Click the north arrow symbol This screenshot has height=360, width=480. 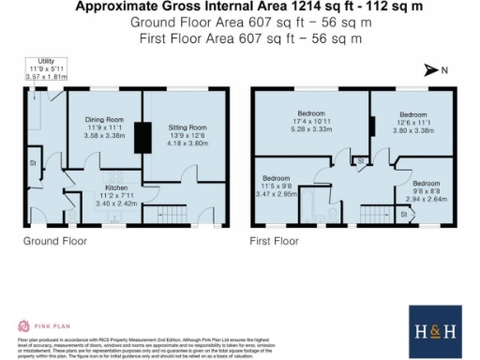pyautogui.click(x=431, y=69)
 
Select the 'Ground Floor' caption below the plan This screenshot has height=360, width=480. pyautogui.click(x=55, y=241)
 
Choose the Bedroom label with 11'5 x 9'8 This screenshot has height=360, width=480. pyautogui.click(x=276, y=178)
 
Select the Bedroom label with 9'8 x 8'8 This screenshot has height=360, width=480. pyautogui.click(x=427, y=183)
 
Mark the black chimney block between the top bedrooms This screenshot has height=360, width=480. pyautogui.click(x=371, y=126)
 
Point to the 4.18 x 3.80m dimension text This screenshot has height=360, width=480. pyautogui.click(x=187, y=143)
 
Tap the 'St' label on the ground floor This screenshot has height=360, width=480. pyautogui.click(x=32, y=163)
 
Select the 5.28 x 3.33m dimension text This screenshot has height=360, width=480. pyautogui.click(x=308, y=132)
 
